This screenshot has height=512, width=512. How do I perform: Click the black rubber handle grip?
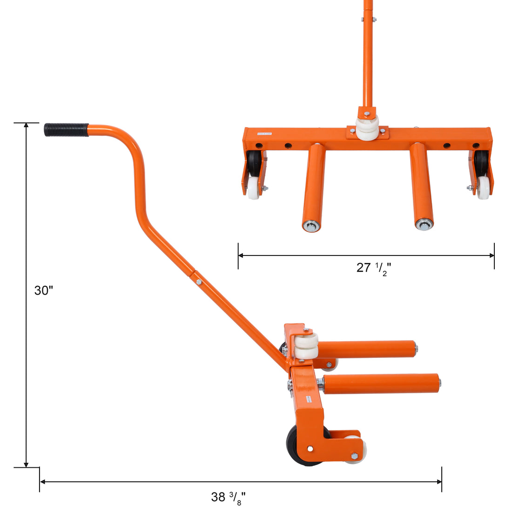[67, 130]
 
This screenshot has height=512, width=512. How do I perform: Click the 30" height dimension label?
[44, 291]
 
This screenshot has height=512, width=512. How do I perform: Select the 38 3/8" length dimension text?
[228, 498]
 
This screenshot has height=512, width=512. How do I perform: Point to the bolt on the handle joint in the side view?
[199, 282]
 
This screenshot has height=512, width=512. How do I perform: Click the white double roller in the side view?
[306, 347]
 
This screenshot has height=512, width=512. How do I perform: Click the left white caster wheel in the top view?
[254, 187]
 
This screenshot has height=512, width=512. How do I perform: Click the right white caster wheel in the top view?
[484, 187]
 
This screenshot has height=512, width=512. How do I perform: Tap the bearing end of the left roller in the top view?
[310, 226]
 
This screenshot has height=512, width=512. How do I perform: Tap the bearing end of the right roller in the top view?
[424, 225]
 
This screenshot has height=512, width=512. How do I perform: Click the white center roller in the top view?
[367, 128]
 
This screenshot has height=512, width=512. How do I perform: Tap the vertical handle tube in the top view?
[368, 56]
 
